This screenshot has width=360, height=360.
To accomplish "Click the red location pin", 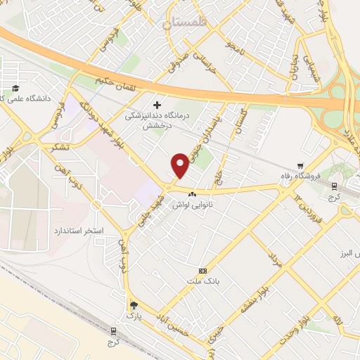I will (x=181, y=165).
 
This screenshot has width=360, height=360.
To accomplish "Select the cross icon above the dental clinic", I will (x=156, y=103).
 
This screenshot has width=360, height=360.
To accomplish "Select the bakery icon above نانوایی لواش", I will (x=191, y=192).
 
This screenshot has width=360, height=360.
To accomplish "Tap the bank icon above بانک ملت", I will (x=203, y=271).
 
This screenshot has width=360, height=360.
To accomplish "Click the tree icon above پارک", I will (x=134, y=305).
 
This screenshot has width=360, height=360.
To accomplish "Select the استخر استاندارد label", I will (x=79, y=231).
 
